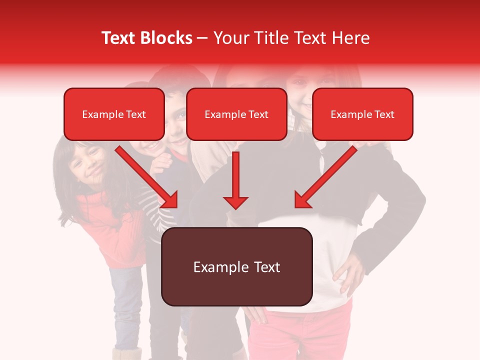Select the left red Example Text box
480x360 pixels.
point(114,114)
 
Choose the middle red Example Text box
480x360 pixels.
point(236,114)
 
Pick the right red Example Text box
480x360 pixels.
point(362,114)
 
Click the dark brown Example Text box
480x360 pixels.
point(236,266)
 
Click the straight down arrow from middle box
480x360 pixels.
point(235,180)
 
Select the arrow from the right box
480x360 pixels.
point(325,177)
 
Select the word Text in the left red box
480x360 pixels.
point(136,114)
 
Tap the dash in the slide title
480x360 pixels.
point(202,38)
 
